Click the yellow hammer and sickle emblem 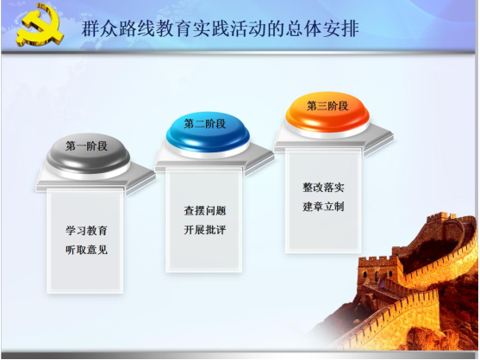click(39, 27)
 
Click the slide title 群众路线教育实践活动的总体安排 click(220, 29)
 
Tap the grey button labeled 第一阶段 click(88, 155)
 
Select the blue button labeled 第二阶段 click(208, 133)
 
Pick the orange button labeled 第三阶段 click(327, 114)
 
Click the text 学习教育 click(86, 231)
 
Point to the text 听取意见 click(86, 251)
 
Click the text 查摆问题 click(205, 211)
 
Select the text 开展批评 click(205, 230)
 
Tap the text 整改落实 click(323, 188)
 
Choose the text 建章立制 click(323, 207)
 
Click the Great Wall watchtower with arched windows click(379, 272)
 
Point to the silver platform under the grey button click(96, 180)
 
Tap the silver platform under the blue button click(215, 159)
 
